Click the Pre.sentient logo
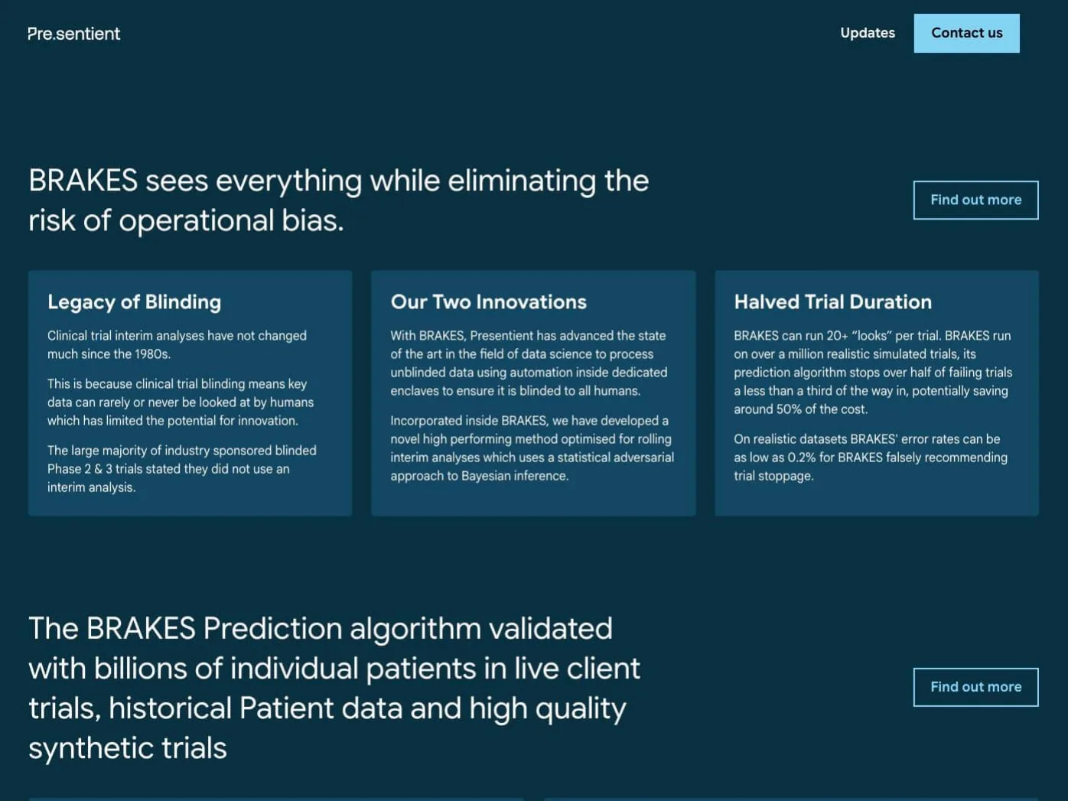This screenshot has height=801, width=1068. [74, 34]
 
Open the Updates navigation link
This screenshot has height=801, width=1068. [868, 33]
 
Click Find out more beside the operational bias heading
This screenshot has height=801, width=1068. [975, 200]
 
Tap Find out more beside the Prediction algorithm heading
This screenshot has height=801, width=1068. [975, 687]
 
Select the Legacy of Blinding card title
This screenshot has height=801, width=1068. [135, 302]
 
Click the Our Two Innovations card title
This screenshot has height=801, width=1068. [489, 302]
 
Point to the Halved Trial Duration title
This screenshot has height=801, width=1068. [832, 302]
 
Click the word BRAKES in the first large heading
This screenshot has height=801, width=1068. [83, 181]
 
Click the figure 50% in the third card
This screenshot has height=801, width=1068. [789, 409]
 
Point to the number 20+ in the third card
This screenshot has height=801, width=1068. [838, 336]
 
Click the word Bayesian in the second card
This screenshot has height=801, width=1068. [486, 476]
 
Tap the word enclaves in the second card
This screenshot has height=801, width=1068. [414, 390]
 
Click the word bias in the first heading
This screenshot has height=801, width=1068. [313, 220]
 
